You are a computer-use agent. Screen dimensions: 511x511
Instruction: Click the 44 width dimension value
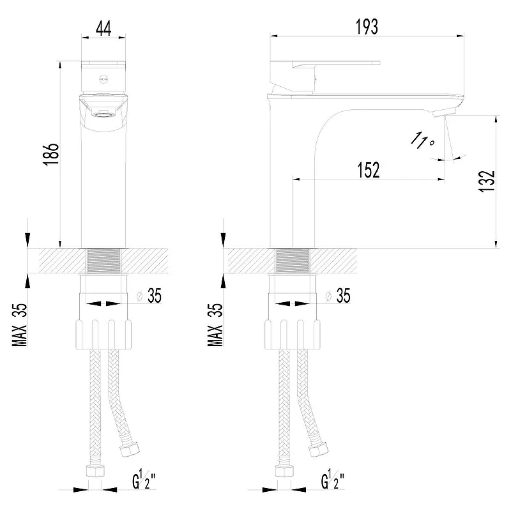click(x=103, y=28)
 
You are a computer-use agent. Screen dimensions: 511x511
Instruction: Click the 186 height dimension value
click(x=52, y=154)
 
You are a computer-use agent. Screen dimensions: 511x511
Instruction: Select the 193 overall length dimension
click(x=367, y=27)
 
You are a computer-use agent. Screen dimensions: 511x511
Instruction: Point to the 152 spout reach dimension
click(x=369, y=170)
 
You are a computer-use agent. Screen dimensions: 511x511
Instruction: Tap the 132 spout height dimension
click(x=487, y=181)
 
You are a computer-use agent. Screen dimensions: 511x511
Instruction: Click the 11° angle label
click(x=422, y=141)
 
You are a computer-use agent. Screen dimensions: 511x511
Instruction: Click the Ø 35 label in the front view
click(x=149, y=296)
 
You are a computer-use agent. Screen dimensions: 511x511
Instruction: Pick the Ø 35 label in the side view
click(x=338, y=296)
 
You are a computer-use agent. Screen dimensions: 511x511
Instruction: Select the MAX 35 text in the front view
click(x=20, y=325)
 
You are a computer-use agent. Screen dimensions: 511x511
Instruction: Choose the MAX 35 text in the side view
click(x=215, y=325)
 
